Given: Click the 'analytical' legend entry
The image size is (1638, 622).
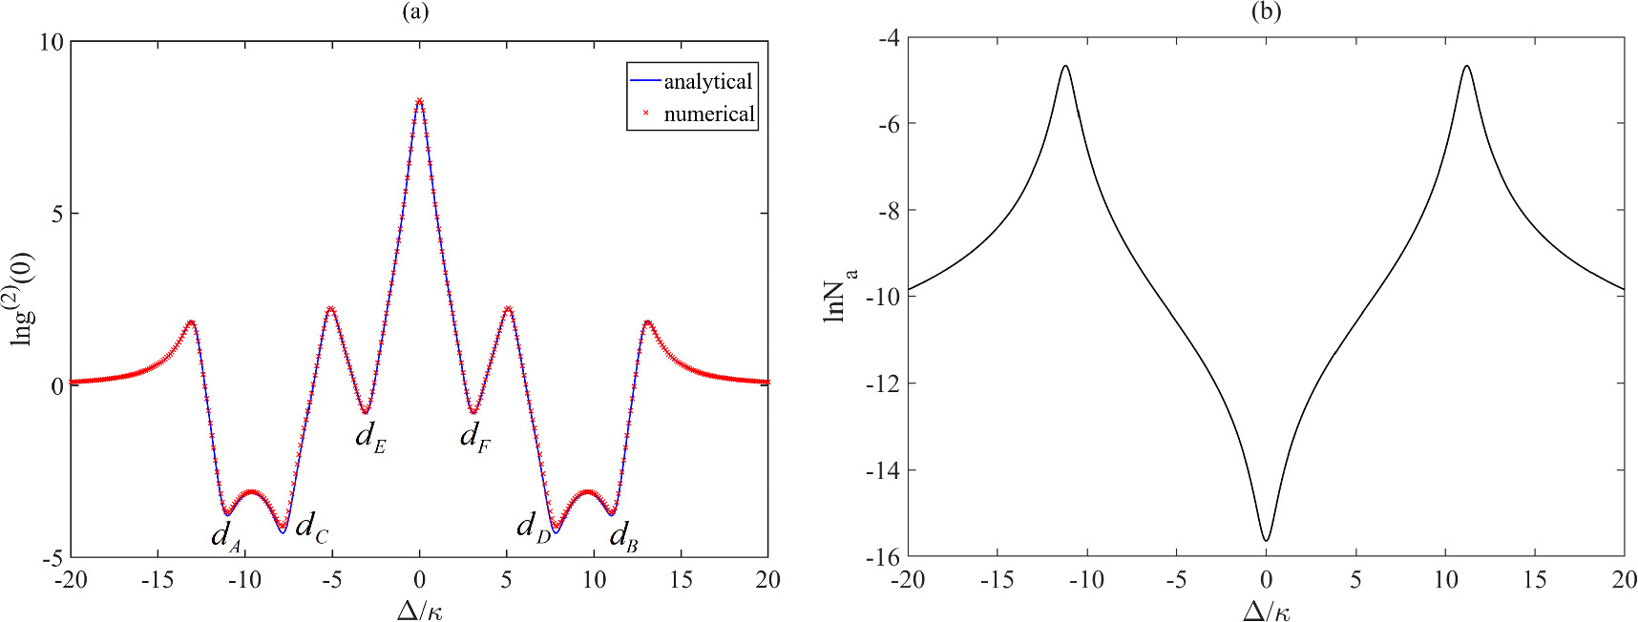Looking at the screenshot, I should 707,82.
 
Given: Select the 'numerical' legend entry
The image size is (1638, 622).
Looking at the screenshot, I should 708,114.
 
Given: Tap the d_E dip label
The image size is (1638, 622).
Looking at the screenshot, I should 370,437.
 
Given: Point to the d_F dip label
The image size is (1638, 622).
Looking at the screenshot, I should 475,437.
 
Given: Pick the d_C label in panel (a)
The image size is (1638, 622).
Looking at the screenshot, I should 311,527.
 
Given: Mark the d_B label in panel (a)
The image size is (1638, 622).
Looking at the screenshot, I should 623,536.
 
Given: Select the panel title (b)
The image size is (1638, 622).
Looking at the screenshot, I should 1266,11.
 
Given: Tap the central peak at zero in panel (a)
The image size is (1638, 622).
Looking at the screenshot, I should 419,100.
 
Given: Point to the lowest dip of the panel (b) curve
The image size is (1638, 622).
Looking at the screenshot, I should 1266,540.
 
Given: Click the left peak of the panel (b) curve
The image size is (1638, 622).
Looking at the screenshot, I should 1065,67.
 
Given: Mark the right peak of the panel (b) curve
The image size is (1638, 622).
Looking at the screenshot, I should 1466,67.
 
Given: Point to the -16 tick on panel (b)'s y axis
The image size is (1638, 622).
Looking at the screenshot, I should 884,557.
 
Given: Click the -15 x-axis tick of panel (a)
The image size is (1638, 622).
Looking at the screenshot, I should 157,580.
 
